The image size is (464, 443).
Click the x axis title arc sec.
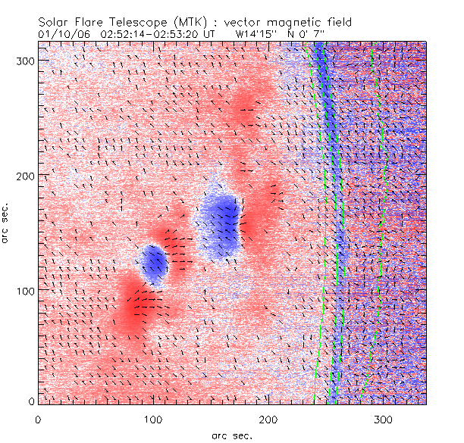[x=232, y=435]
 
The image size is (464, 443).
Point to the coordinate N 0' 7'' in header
[x=319, y=34]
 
